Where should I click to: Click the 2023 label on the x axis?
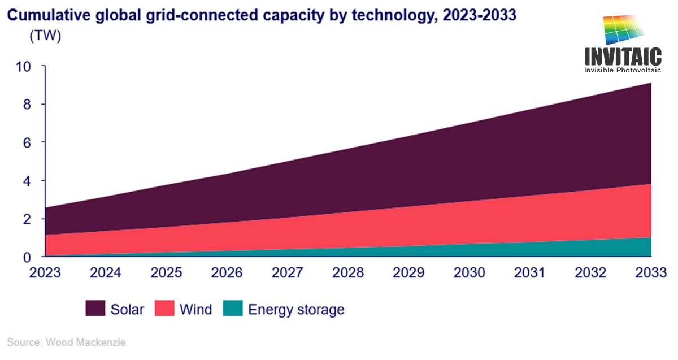coord(45,272)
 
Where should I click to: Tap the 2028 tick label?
coord(348,272)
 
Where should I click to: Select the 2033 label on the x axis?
coord(651,272)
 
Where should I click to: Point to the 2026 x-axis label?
coord(227,272)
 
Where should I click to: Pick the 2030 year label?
coord(469,272)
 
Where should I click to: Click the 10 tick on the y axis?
coord(23,67)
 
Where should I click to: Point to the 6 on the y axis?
coord(27,142)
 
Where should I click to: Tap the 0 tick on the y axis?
coord(27,258)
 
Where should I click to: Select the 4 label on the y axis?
coord(27,181)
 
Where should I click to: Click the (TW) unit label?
coord(45,36)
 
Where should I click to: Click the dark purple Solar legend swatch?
coord(95,308)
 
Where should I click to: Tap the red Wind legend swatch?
coord(164,308)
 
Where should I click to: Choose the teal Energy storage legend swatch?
coord(233,308)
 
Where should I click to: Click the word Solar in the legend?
coord(127,310)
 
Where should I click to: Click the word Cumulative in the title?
coord(49,15)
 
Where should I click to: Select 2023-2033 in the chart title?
coord(480,15)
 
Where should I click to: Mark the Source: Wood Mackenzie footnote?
coord(66,342)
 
